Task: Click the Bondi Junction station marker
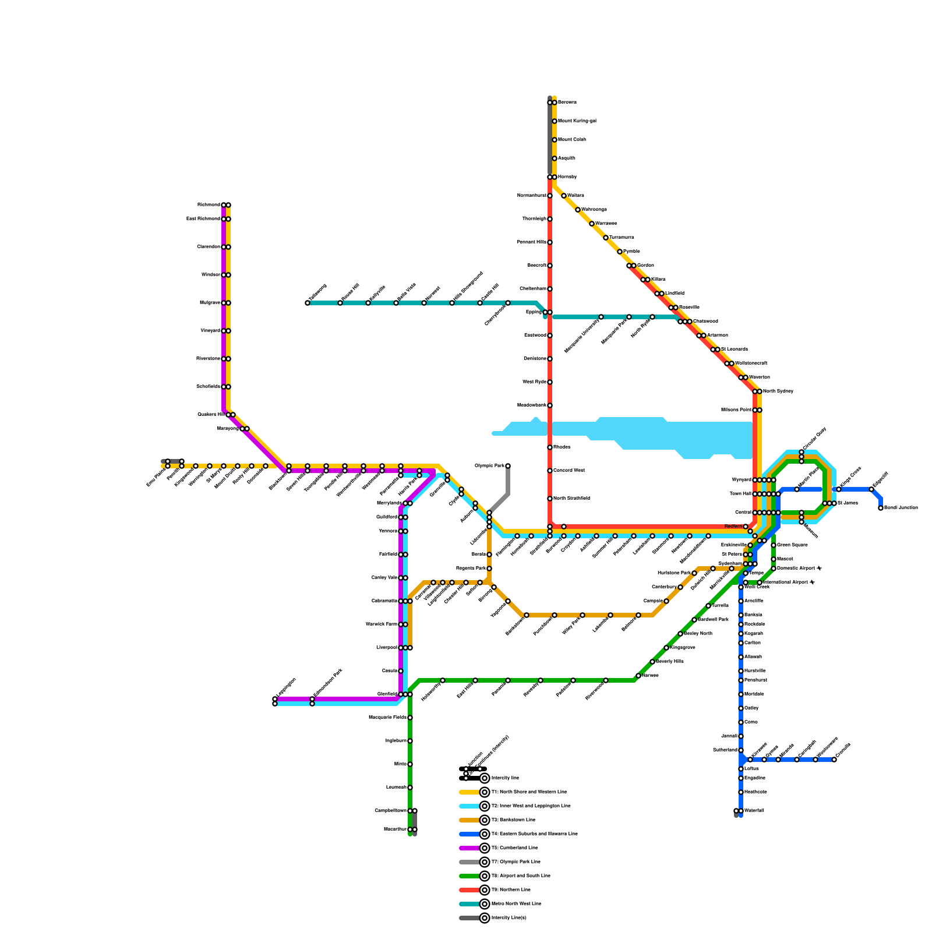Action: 881,508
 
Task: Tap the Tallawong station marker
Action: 308,303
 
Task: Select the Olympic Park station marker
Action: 508,466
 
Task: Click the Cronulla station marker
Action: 834,760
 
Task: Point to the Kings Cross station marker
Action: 839,489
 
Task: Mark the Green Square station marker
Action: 774,545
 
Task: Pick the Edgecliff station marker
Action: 871,489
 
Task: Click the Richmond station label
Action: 209,205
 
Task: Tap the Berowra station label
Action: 567,103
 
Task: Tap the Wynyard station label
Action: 741,480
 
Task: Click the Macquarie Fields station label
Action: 387,718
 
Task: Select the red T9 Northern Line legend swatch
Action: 469,890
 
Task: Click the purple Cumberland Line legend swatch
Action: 469,848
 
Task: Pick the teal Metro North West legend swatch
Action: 469,904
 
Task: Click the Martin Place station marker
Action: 797,489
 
